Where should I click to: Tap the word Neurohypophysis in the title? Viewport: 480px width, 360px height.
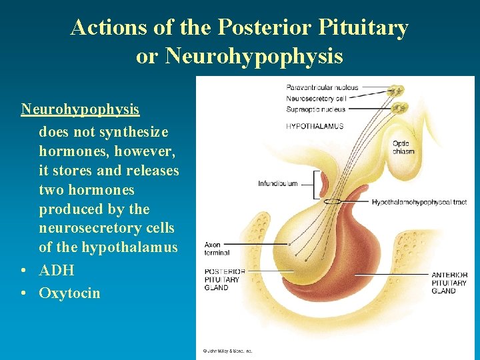[254, 57]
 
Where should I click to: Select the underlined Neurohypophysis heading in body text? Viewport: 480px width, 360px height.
[80, 108]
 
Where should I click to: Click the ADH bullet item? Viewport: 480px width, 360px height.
[57, 270]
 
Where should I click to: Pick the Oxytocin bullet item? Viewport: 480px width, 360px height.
[69, 293]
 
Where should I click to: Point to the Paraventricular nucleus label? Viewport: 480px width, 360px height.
[322, 87]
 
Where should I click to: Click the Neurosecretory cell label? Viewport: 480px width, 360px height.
[317, 99]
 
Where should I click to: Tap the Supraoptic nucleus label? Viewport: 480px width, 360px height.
[316, 109]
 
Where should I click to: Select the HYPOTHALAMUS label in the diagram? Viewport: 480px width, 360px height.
[315, 126]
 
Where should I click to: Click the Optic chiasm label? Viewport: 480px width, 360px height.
[403, 147]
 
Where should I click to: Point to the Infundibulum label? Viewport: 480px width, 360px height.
[278, 183]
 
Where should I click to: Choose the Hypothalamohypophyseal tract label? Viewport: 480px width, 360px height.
[419, 202]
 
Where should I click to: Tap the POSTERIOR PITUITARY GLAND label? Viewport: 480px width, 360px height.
[225, 279]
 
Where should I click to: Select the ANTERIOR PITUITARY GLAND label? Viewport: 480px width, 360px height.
[449, 283]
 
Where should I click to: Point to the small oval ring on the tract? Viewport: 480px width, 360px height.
[333, 201]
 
